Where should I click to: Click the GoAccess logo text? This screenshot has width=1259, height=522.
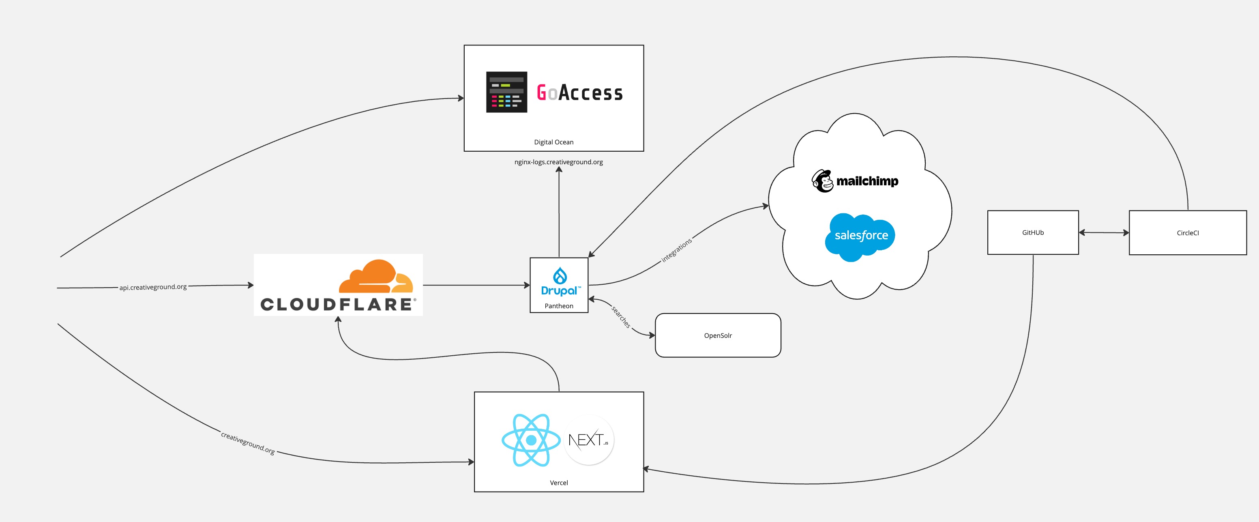coord(580,92)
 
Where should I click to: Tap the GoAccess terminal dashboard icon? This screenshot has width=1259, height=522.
coord(506,92)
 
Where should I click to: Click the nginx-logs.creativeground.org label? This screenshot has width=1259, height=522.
coord(558,162)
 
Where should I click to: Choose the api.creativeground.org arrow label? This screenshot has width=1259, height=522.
coord(153,287)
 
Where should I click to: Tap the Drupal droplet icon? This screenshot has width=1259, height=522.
coord(560,276)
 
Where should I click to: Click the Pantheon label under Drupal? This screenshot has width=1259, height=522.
coord(559,306)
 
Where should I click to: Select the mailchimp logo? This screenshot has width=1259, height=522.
coord(855,181)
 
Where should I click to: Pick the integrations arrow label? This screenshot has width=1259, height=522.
coord(676,250)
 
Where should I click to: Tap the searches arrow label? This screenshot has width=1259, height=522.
coord(621,317)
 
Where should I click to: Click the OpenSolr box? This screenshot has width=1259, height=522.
coord(717,335)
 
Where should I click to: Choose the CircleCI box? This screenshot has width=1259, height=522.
coord(1187,233)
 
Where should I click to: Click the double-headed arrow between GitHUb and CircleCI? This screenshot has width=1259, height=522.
coord(1104,233)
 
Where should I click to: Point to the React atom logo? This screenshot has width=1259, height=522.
coord(531,440)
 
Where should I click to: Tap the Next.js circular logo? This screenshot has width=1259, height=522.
coord(589,440)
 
